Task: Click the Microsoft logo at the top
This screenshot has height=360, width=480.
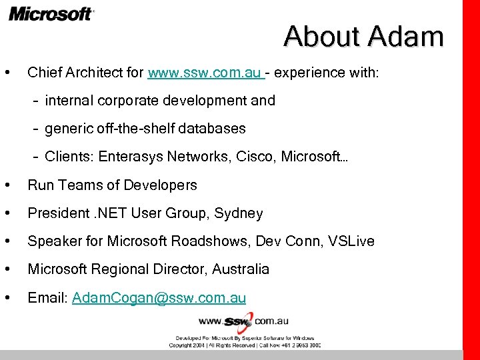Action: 51,13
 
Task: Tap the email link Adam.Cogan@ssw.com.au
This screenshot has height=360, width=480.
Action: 159,298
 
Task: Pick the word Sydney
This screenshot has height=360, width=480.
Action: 239,214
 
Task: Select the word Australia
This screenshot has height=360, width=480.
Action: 241,270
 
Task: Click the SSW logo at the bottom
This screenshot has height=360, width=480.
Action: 238,321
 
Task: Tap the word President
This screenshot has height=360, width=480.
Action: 57,214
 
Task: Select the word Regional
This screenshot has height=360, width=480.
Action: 117,270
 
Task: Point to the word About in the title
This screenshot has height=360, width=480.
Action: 322,37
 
